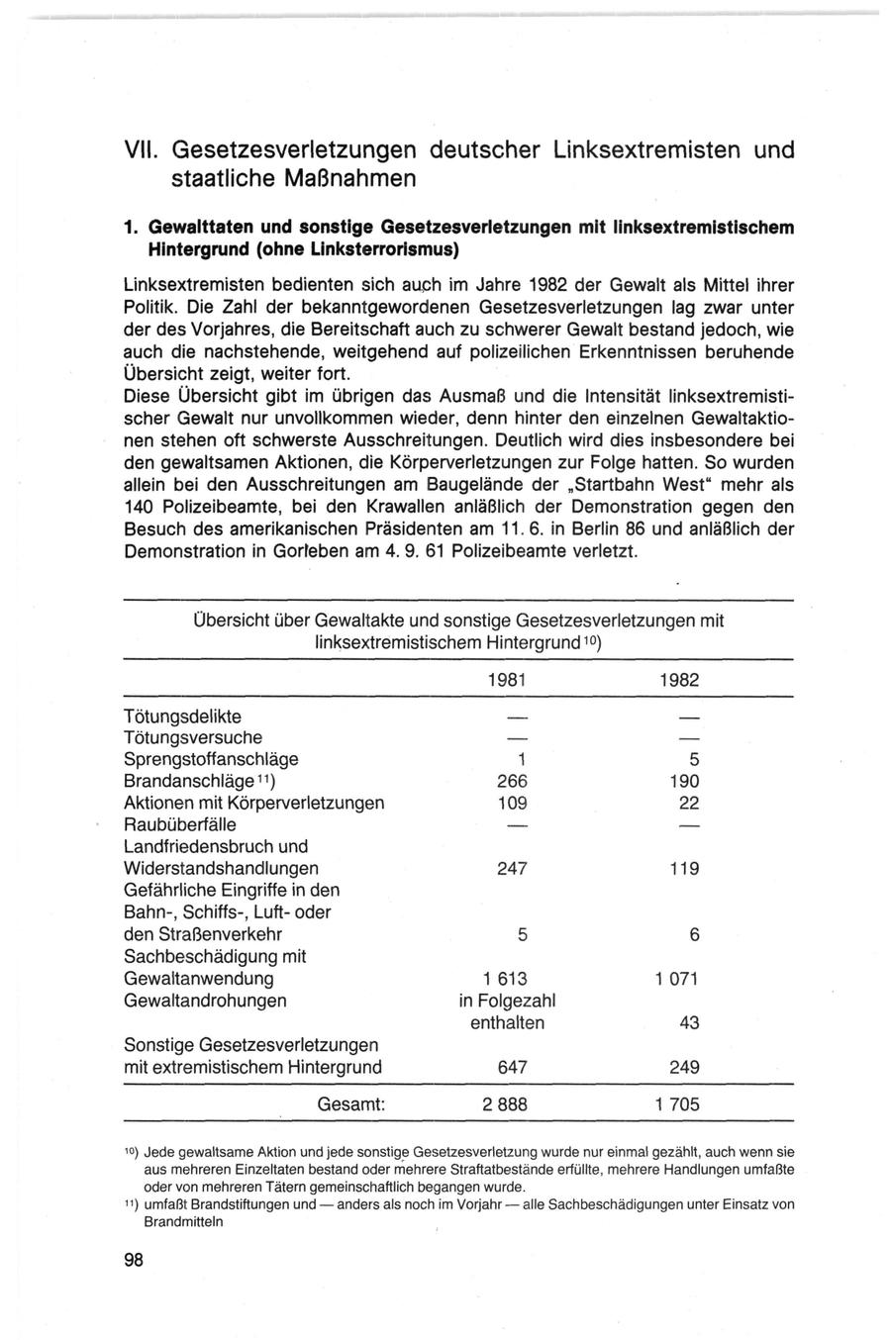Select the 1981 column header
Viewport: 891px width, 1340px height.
pos(507,681)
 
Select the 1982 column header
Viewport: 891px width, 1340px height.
pos(679,681)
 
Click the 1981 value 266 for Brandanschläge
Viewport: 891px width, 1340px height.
pos(506,781)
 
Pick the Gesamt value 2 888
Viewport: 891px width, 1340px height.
pos(505,1104)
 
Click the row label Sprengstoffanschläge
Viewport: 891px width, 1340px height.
pos(211,759)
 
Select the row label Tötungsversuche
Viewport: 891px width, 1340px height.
pos(193,737)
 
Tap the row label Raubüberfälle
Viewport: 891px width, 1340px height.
pos(180,824)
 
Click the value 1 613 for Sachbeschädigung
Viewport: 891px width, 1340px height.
pos(505,979)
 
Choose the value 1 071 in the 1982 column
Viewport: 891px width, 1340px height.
pos(676,979)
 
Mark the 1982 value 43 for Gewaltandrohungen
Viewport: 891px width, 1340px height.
pos(690,1023)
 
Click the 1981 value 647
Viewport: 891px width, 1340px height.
pos(506,1068)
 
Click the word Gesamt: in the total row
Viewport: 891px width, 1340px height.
pos(350,1104)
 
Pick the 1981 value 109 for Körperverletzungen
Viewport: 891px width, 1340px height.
pos(506,803)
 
